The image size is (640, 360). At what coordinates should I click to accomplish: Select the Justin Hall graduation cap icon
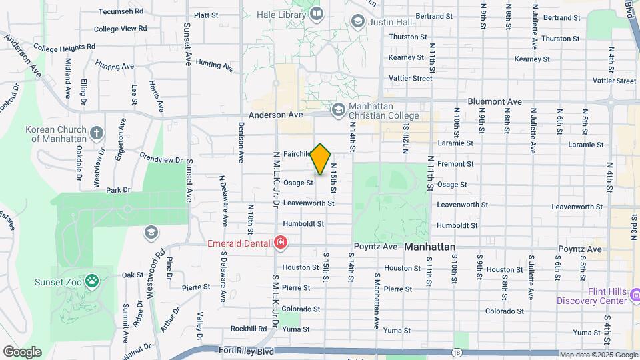pos(358,21)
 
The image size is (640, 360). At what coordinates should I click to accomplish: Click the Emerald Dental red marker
pos(281,242)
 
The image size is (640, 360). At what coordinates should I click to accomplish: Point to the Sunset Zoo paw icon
pos(91,281)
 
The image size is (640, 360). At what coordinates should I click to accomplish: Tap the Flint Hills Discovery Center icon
pos(634,294)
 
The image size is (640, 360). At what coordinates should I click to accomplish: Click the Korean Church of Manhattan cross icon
pos(97,133)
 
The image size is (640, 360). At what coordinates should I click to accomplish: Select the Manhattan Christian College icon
pos(338,109)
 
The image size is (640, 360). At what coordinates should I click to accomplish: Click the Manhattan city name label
pos(430,247)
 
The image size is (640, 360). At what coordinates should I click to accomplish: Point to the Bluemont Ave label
pos(494,102)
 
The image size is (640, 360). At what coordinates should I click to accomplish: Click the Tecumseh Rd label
pos(121,11)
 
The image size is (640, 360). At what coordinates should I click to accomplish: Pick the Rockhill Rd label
pos(249,329)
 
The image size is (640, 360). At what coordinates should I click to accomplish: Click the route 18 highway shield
pos(456,351)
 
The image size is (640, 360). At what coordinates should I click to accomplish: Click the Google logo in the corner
pos(23,351)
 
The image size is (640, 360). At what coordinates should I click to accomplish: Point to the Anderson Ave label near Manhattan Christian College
pos(275,115)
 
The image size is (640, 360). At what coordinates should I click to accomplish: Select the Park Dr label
pos(118,190)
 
